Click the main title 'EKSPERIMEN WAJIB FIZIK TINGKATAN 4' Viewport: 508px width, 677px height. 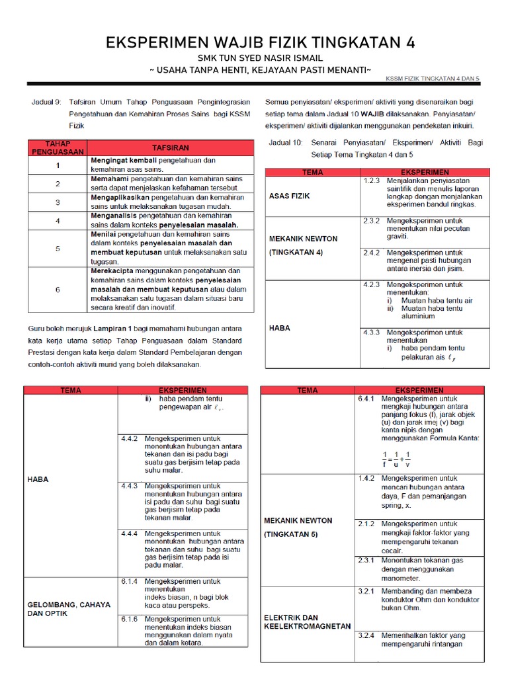point(261,43)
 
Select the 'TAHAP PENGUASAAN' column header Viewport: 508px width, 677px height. point(57,147)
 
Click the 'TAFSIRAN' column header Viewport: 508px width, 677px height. point(171,147)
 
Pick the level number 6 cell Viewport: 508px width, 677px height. point(58,289)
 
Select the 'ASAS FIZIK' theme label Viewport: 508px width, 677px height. point(289,196)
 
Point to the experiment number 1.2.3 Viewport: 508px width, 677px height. point(371,180)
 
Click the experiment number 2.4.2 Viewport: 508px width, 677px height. point(371,253)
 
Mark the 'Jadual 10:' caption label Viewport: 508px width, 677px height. point(285,142)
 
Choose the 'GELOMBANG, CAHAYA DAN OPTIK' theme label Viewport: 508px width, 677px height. point(69,608)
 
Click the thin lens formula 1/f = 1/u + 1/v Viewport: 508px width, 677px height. point(396,458)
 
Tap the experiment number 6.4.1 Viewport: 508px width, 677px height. point(366,399)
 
